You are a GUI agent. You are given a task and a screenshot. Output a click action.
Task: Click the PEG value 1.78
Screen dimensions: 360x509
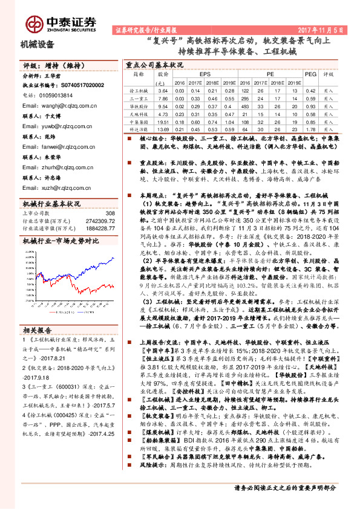310,129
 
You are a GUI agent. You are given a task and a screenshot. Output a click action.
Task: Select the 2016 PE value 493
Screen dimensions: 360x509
244,105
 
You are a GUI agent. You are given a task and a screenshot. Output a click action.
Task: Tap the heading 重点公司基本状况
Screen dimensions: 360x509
154,64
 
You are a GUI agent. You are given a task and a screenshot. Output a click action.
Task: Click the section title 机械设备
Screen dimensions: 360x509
38,44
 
